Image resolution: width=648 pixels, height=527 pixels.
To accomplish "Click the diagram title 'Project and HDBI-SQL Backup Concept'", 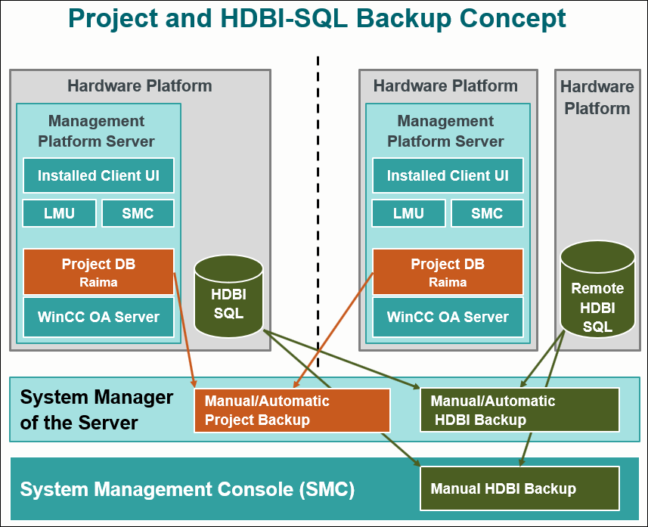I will (x=317, y=18).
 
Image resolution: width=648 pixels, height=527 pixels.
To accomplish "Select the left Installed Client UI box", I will (x=98, y=175).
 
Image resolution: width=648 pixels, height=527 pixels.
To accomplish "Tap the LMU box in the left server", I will (x=60, y=213).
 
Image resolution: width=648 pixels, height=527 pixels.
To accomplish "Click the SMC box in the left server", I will (x=138, y=213).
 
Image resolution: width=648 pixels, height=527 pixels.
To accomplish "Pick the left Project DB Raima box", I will (x=98, y=271).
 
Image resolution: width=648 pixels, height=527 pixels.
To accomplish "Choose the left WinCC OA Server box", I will (x=98, y=317).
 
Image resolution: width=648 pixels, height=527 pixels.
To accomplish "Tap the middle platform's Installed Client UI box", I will (x=448, y=175).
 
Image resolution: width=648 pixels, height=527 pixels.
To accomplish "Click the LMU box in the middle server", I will (x=409, y=213).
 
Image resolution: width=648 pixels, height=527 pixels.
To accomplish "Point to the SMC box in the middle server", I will (x=487, y=213).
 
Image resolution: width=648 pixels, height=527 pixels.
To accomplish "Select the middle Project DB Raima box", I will (x=448, y=271).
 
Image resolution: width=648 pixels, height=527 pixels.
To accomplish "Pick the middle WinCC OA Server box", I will (x=448, y=317).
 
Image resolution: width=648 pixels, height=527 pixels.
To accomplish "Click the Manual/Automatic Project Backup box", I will (x=292, y=411).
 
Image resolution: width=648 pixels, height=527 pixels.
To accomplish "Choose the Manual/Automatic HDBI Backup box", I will (x=519, y=410).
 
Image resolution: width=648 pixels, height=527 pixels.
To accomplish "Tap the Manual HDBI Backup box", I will (x=519, y=488).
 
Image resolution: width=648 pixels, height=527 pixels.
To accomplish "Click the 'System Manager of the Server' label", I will (x=96, y=409).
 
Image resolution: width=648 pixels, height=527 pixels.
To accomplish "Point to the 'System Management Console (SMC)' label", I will (x=187, y=489).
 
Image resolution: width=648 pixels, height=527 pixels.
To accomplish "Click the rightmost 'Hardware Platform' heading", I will (x=597, y=97).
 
